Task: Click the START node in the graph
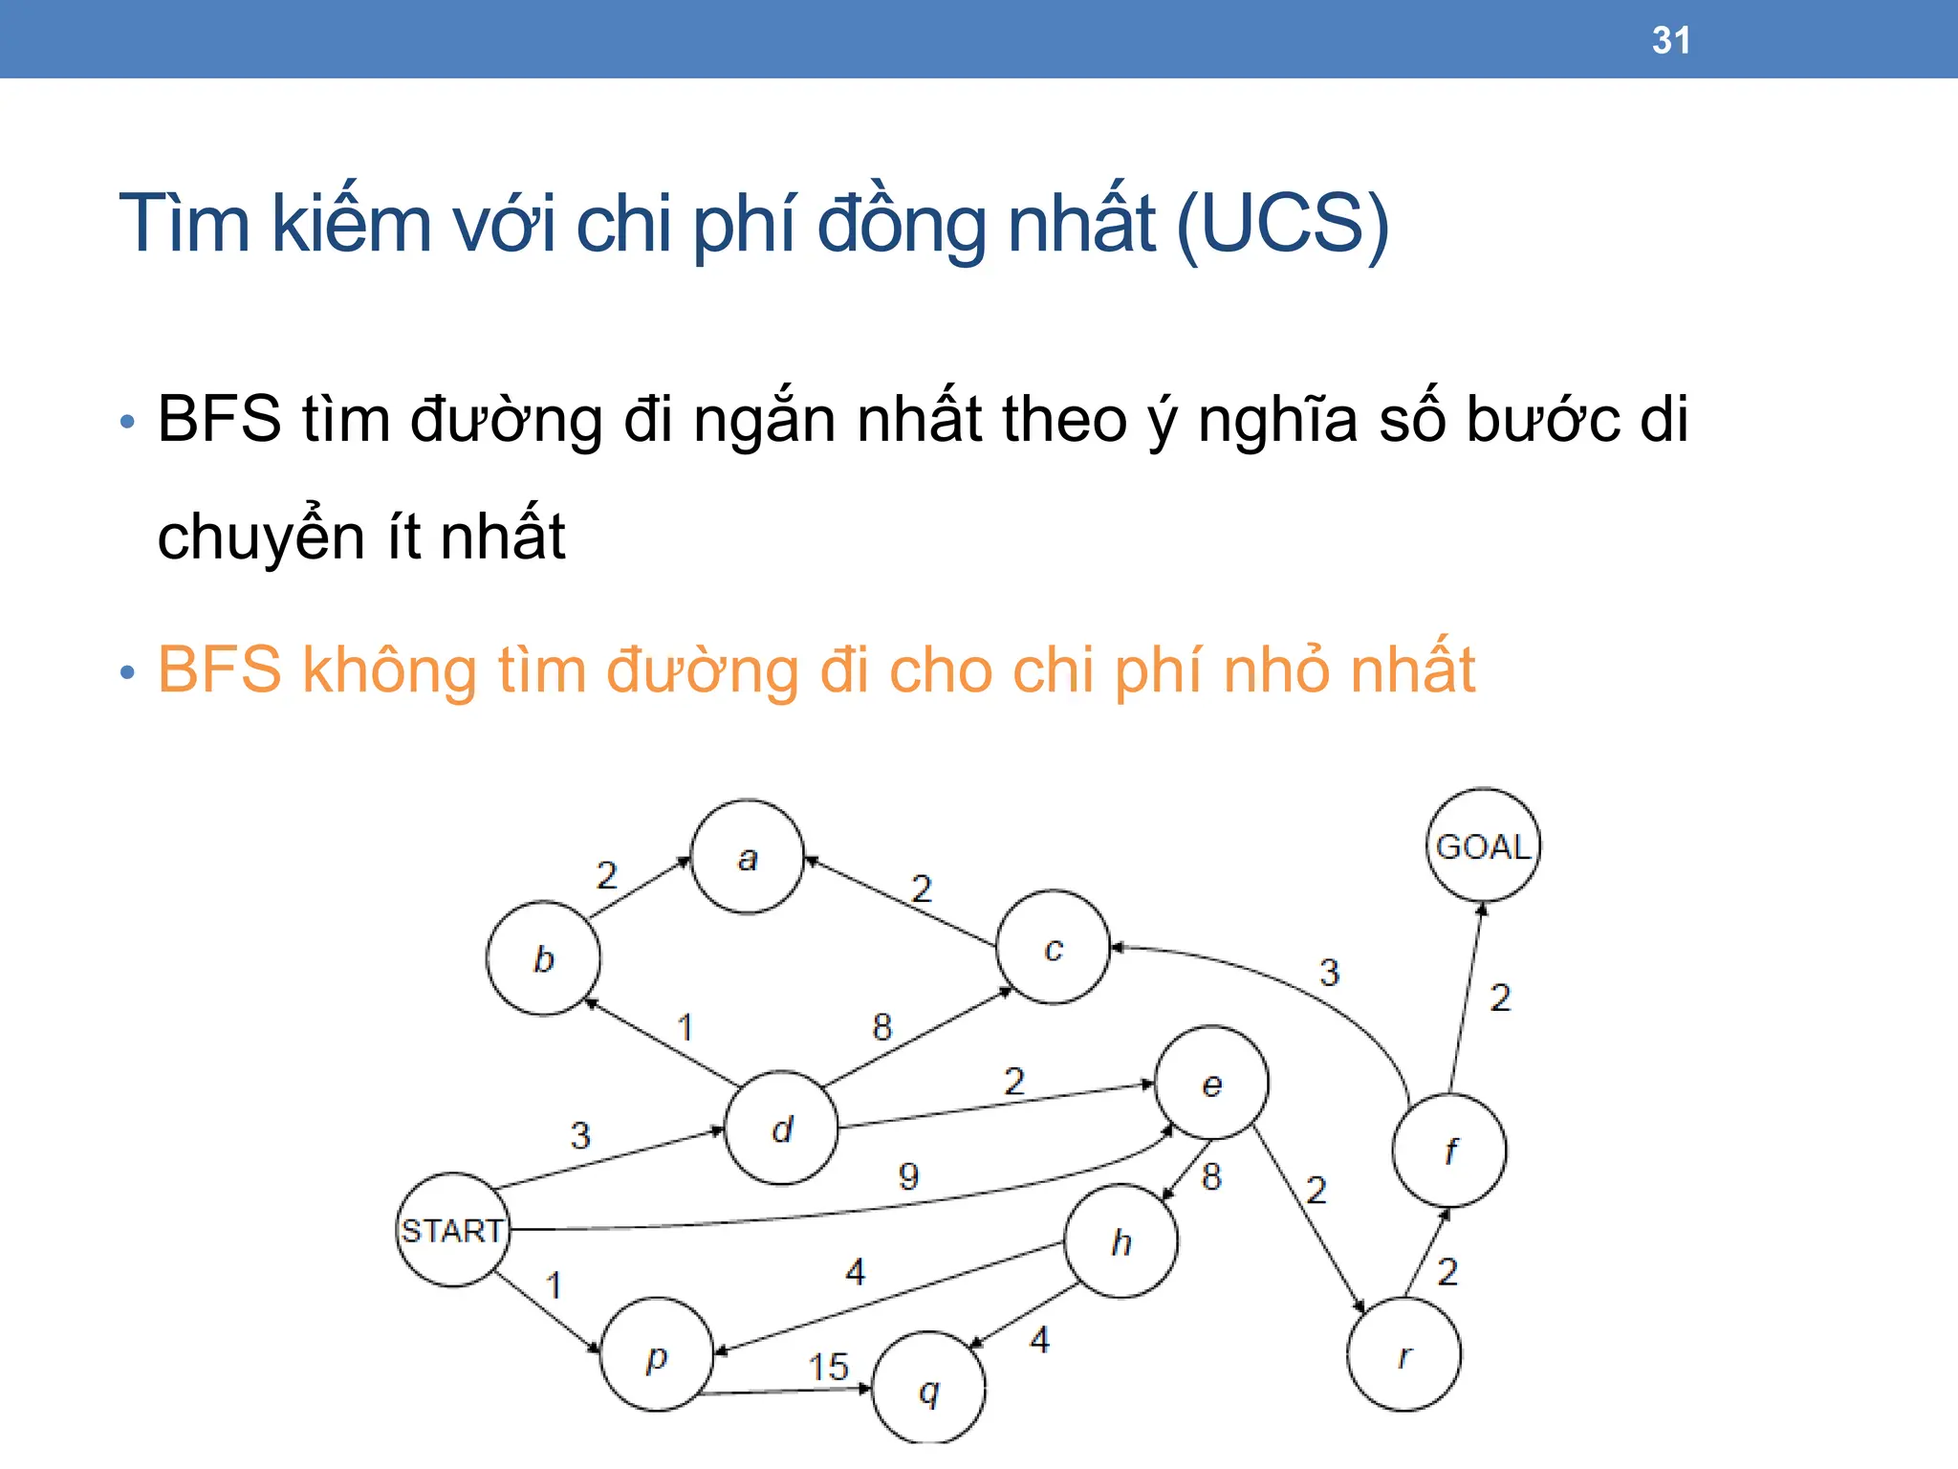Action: click(452, 1230)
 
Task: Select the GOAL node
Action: click(1483, 846)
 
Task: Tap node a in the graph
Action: click(748, 858)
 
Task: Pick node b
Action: click(543, 958)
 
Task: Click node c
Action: click(1053, 948)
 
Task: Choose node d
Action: click(782, 1129)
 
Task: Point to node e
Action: click(1211, 1085)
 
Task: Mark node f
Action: click(1449, 1151)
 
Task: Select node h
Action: click(1121, 1241)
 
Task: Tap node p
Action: click(657, 1355)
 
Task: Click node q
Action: click(928, 1389)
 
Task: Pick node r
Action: click(1403, 1355)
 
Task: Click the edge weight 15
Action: click(828, 1367)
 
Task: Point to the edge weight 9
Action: click(908, 1176)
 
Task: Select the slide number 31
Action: click(1670, 40)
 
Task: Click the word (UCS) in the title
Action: click(1281, 224)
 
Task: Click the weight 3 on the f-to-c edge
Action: click(1329, 973)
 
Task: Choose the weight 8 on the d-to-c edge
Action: click(881, 1027)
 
